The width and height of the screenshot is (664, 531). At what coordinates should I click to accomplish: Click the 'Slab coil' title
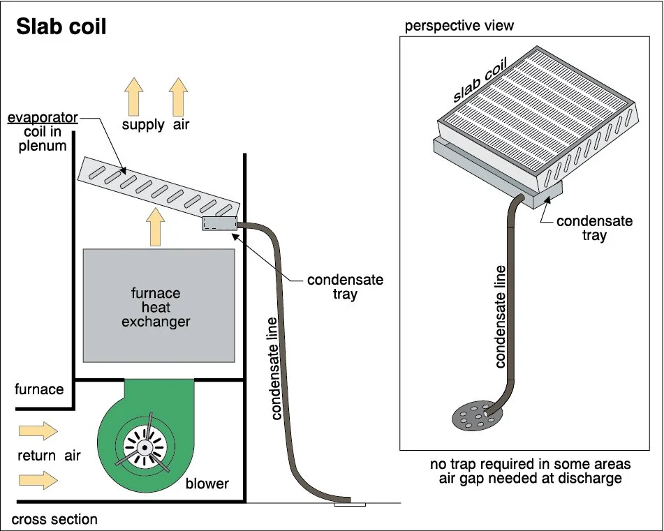(61, 27)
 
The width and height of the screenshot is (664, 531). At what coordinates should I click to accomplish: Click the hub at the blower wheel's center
(145, 447)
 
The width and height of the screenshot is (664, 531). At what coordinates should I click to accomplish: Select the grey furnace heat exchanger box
(158, 306)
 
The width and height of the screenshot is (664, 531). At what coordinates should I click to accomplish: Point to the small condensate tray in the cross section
(219, 223)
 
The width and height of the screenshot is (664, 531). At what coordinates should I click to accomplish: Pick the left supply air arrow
(134, 97)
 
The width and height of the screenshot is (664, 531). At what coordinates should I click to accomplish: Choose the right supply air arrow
(178, 97)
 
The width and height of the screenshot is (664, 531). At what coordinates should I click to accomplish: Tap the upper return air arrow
(38, 431)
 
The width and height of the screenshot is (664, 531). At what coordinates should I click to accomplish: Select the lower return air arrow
(38, 480)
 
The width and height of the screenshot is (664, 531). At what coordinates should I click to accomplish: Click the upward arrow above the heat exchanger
(156, 227)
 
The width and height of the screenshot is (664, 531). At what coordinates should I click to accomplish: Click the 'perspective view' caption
(459, 26)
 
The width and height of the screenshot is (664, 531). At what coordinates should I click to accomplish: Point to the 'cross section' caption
(54, 519)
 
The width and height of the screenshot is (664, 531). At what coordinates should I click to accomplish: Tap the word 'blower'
(207, 483)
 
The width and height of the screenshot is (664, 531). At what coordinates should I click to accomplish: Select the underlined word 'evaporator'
(43, 118)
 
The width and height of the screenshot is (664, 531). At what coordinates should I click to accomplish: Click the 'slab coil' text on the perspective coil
(480, 80)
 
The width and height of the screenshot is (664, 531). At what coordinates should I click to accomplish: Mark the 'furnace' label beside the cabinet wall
(39, 389)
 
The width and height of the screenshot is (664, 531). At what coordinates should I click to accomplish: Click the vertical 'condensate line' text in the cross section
(275, 368)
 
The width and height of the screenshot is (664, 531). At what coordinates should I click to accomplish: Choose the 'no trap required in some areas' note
(530, 464)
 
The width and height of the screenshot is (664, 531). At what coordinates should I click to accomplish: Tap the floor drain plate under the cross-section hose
(350, 504)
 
